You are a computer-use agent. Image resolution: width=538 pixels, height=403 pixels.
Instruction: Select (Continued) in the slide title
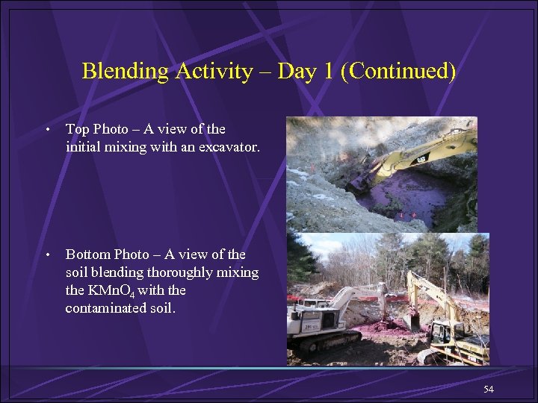[401, 72]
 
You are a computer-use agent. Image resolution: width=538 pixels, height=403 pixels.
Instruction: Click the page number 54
[489, 390]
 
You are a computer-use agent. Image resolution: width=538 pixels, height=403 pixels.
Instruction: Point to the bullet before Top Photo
[47, 130]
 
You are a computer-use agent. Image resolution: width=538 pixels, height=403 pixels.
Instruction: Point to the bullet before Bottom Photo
[47, 256]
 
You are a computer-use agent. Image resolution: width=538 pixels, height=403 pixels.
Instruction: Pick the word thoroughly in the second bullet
[173, 272]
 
